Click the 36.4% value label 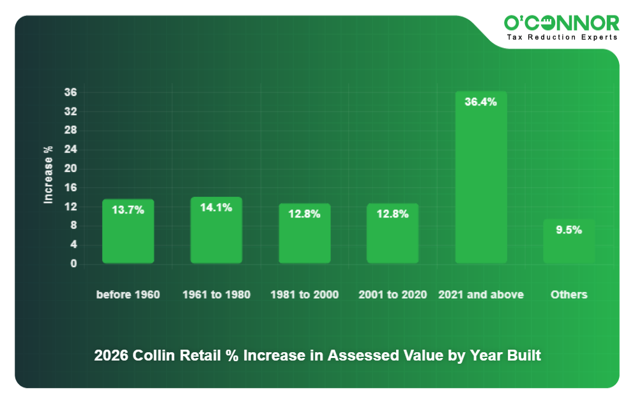click(x=480, y=102)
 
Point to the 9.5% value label click(x=569, y=230)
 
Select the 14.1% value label click(x=216, y=207)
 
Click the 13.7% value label click(x=128, y=210)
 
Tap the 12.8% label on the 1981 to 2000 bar click(x=304, y=214)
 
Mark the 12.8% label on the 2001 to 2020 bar click(x=392, y=214)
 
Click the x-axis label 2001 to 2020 click(x=392, y=295)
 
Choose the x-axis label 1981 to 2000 click(x=304, y=295)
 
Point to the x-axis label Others click(x=569, y=295)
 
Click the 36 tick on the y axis click(x=70, y=93)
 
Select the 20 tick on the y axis click(x=70, y=169)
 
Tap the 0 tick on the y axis click(x=73, y=263)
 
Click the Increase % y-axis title click(x=49, y=175)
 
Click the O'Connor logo click(x=562, y=23)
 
